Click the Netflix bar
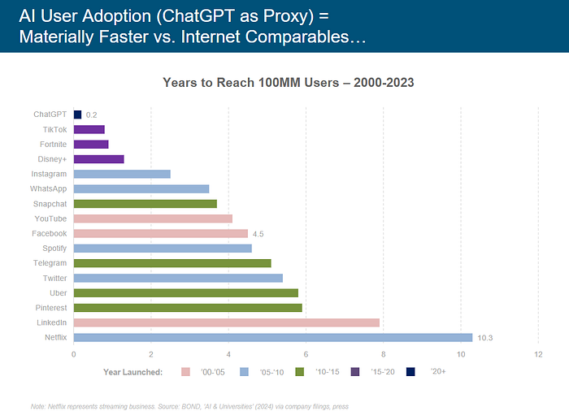point(272,337)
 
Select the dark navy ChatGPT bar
point(77,115)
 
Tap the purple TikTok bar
point(89,129)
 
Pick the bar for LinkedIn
point(226,322)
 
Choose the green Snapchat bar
point(145,204)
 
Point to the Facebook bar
point(160,233)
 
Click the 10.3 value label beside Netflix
point(486,337)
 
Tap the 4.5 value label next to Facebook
point(258,234)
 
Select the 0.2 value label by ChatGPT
point(92,115)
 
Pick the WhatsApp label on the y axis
point(49,188)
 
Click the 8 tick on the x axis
point(383,354)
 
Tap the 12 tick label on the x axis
point(537,354)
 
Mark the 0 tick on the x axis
point(74,354)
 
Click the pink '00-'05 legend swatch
point(185,372)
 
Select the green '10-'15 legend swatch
point(299,372)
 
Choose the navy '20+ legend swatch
point(410,372)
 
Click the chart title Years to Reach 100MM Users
point(289,82)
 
